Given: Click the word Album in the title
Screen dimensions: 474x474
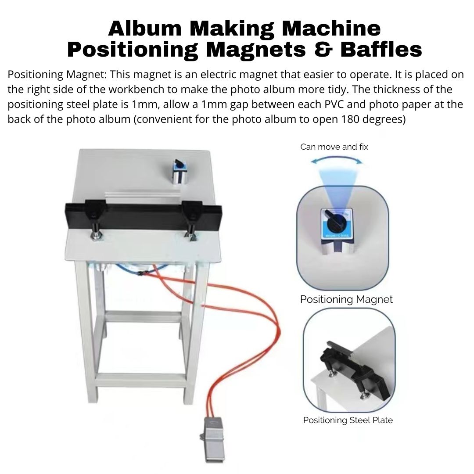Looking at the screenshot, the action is coord(145,29).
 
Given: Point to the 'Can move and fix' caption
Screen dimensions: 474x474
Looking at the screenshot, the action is coord(334,147).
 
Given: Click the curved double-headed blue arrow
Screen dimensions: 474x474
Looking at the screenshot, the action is coord(337,159).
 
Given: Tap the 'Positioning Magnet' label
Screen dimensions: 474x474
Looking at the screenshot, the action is coord(346,299).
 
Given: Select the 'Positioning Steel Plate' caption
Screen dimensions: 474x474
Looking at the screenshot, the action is coord(348,420).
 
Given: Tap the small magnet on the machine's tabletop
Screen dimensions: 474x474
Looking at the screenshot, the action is coord(180,172).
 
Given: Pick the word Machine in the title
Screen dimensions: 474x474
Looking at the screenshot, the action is coord(331,29).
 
